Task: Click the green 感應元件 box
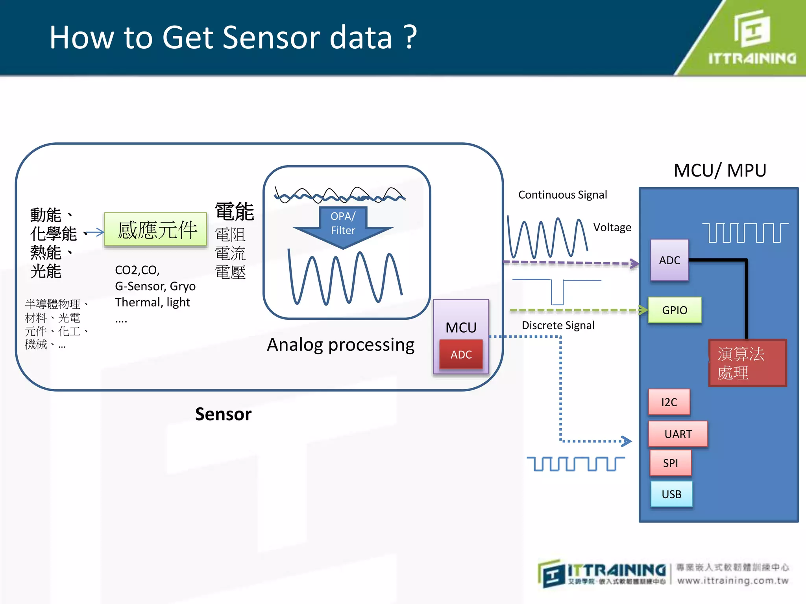(x=155, y=230)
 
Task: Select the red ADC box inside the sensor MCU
(x=461, y=354)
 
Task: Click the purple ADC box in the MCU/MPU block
(x=669, y=260)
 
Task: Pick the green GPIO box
(x=675, y=310)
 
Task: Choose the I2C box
(x=669, y=402)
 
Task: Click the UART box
(x=678, y=434)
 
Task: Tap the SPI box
(x=670, y=463)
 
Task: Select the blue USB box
(x=671, y=494)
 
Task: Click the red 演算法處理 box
(x=747, y=363)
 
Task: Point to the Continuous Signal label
(x=562, y=195)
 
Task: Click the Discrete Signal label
(x=558, y=325)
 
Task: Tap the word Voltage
(x=612, y=227)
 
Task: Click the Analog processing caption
(x=340, y=344)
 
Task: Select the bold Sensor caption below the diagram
(x=223, y=414)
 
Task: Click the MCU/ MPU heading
(x=720, y=170)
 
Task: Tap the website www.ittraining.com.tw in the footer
(x=733, y=580)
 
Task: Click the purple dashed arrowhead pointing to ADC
(x=634, y=263)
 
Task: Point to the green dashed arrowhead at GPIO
(x=643, y=310)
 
